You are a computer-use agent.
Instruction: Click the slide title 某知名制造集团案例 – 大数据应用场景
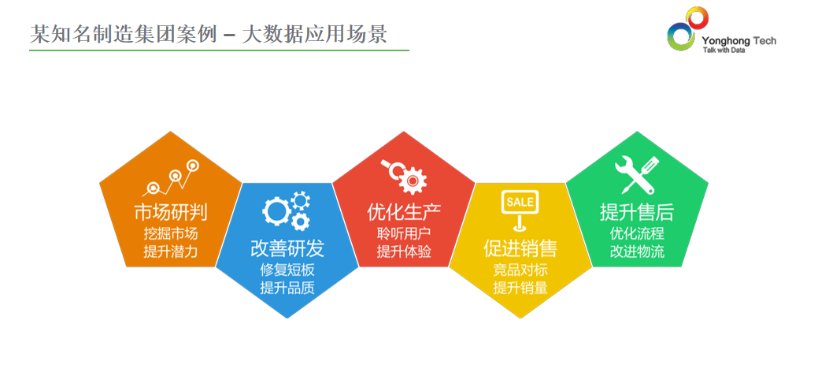(x=208, y=34)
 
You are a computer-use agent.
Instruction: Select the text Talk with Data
(x=724, y=50)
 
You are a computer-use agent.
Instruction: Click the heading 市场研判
(x=171, y=212)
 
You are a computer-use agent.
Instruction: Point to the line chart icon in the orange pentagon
(x=171, y=177)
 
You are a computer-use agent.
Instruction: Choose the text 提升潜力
(x=171, y=251)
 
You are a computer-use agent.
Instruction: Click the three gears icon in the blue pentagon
(x=287, y=211)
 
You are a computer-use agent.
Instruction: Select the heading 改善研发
(x=287, y=248)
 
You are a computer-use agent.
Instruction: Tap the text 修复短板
(x=287, y=270)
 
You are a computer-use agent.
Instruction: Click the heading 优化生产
(x=405, y=212)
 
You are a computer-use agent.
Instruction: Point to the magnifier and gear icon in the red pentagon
(x=404, y=177)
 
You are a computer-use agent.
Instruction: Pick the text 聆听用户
(x=405, y=233)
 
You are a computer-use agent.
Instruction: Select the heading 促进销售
(x=520, y=248)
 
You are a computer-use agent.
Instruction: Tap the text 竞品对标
(x=520, y=270)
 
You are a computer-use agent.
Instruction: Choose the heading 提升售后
(x=637, y=212)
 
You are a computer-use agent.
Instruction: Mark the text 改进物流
(x=638, y=251)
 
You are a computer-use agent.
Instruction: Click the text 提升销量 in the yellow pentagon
(x=520, y=287)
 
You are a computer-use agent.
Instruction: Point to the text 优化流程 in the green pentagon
(x=638, y=233)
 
